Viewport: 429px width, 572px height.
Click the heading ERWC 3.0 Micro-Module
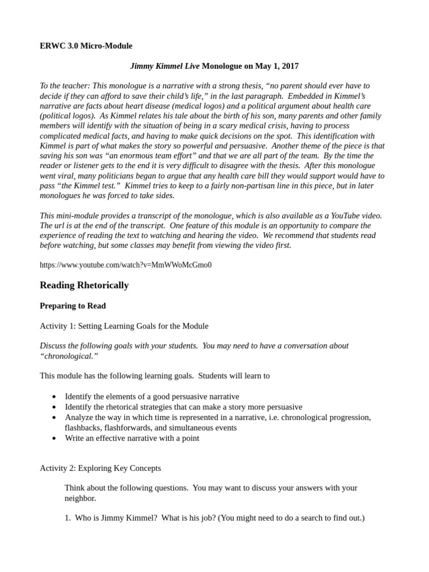[x=86, y=45]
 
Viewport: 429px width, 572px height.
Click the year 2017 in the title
[x=289, y=66]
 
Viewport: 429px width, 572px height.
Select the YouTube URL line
[x=126, y=265]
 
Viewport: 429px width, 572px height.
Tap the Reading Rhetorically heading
[x=84, y=285]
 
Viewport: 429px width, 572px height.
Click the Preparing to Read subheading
[x=73, y=306]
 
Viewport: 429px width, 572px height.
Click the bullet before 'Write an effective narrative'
[x=54, y=438]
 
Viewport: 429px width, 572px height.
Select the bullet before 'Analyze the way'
[x=54, y=418]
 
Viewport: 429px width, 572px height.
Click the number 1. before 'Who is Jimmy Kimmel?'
[x=68, y=518]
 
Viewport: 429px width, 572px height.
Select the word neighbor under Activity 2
[x=80, y=498]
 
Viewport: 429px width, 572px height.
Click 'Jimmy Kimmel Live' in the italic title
[x=165, y=66]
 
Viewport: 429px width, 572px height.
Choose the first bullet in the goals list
[x=54, y=397]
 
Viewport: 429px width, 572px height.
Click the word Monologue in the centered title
[x=222, y=66]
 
